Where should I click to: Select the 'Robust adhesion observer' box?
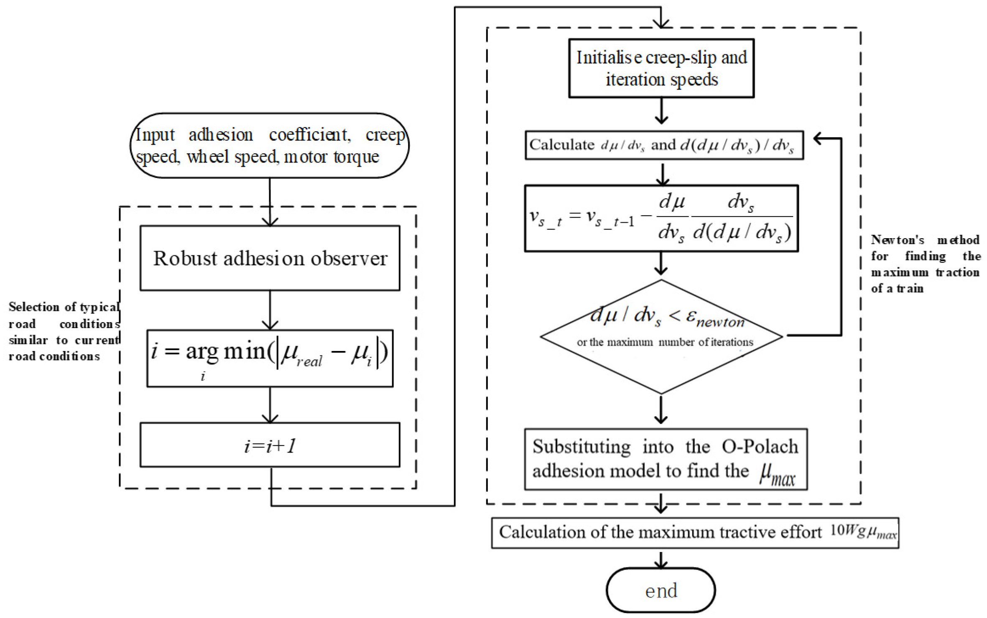tap(270, 258)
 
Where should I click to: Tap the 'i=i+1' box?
tap(270, 445)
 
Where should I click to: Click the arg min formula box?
tap(270, 358)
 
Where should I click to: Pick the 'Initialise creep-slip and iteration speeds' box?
tap(661, 68)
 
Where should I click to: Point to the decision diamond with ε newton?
tap(661, 337)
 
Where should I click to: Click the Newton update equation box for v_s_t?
tap(661, 218)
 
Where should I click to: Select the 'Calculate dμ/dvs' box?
tap(664, 145)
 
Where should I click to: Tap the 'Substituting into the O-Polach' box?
tap(666, 459)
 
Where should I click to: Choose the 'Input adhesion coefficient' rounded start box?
tap(270, 145)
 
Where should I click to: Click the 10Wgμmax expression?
tap(863, 532)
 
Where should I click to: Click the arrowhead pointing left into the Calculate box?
tap(819, 139)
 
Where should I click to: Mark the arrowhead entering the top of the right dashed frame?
tap(661, 23)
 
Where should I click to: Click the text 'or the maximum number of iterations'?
tap(665, 342)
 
